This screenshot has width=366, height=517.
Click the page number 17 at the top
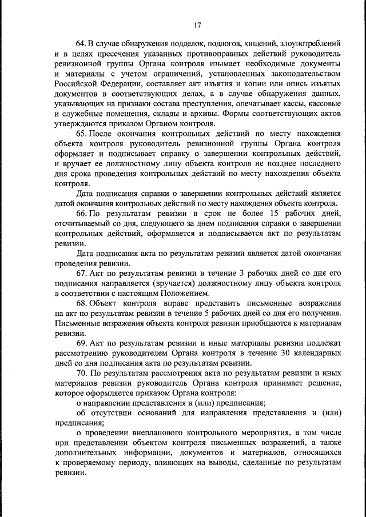(197, 25)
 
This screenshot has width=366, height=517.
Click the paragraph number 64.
(81, 43)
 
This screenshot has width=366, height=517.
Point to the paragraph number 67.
(81, 274)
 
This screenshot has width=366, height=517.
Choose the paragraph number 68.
(81, 304)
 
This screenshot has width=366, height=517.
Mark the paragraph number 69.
(81, 344)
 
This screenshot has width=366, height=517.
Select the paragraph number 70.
(81, 375)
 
